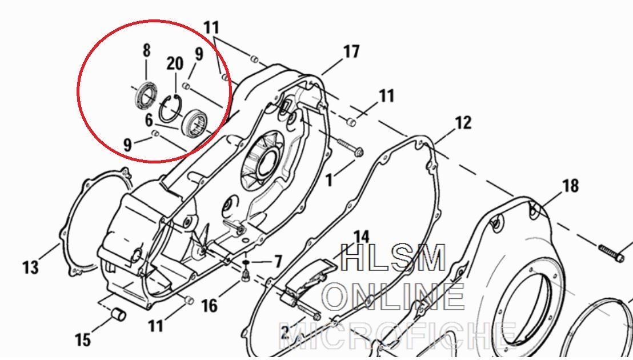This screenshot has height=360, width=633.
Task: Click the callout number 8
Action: click(x=147, y=50)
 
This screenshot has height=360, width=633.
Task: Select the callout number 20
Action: click(x=175, y=64)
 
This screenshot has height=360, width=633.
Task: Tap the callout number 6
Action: click(x=149, y=120)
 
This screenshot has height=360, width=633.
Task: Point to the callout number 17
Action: click(x=351, y=51)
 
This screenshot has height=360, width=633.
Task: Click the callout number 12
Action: click(x=463, y=123)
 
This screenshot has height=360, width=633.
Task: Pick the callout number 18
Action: click(x=570, y=186)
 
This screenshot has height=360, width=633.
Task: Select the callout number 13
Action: click(x=31, y=267)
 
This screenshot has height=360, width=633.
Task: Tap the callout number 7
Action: click(x=278, y=262)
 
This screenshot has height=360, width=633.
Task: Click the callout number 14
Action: click(x=361, y=237)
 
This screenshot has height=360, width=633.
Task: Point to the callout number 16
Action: click(x=209, y=306)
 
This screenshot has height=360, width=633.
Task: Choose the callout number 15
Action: click(x=83, y=340)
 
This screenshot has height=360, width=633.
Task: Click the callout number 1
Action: click(x=330, y=180)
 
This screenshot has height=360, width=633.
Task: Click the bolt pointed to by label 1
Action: click(x=349, y=147)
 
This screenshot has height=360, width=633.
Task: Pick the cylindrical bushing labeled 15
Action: click(x=118, y=314)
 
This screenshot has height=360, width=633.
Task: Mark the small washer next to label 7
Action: click(x=246, y=263)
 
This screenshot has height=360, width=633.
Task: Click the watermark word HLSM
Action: click(x=394, y=258)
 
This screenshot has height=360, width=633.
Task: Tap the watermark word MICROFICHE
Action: click(x=398, y=336)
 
